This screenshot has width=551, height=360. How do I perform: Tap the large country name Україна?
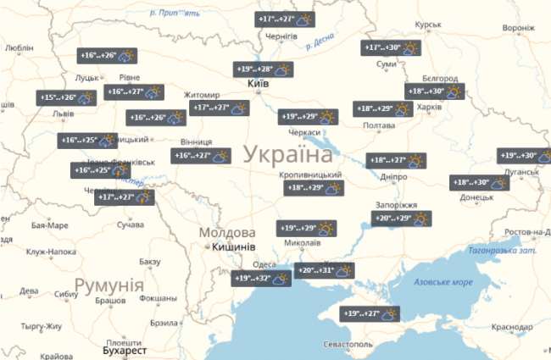288,154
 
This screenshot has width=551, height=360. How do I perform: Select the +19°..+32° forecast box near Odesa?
263,278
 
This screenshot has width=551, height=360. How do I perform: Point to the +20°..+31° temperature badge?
325,271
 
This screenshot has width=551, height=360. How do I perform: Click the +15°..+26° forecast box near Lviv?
67,97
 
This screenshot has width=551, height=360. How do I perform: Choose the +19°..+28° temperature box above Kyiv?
264,69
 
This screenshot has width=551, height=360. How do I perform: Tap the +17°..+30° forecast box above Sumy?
391,48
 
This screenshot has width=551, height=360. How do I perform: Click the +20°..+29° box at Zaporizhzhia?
402,219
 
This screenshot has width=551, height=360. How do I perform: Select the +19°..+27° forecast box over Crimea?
370,313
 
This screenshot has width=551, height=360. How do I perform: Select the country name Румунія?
108,285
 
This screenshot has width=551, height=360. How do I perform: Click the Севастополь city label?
348,345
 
